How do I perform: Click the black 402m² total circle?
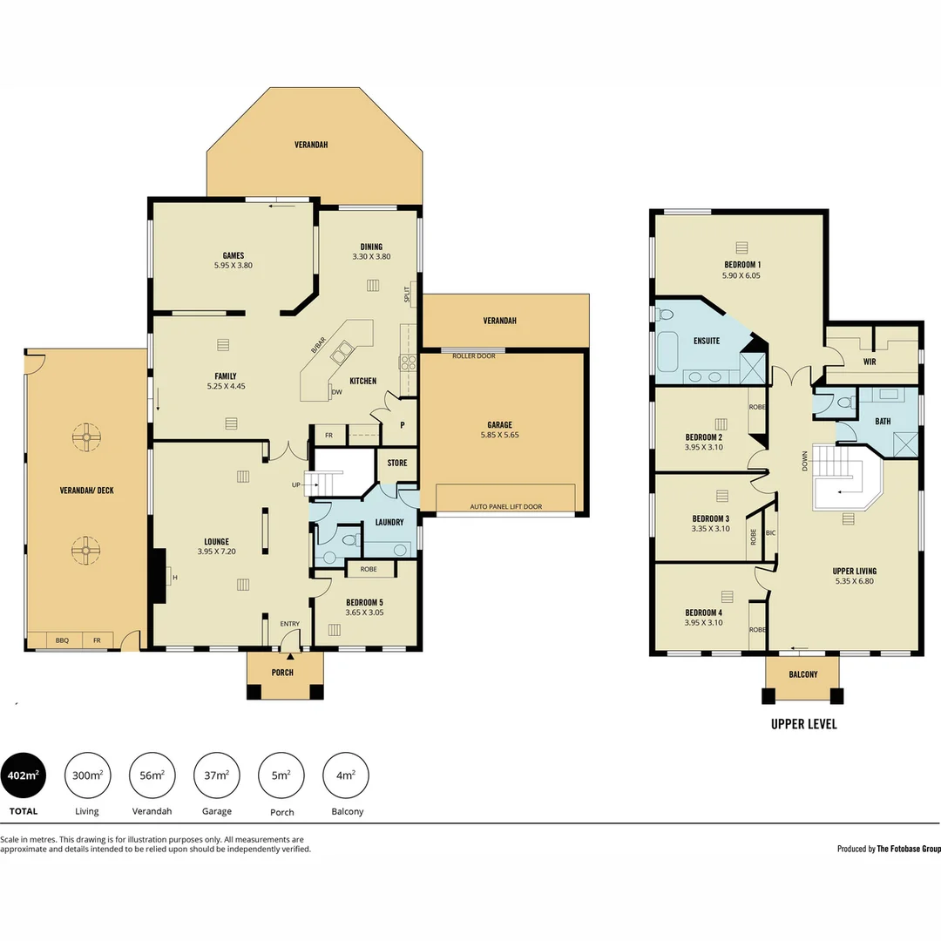click(23, 775)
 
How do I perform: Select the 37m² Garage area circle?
click(217, 775)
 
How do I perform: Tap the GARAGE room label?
click(499, 425)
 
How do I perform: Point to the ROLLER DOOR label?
click(473, 355)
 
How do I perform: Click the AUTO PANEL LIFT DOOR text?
click(505, 506)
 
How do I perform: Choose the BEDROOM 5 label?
click(364, 602)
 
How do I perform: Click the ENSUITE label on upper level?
click(707, 341)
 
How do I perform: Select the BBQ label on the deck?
click(62, 640)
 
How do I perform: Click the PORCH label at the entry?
click(282, 673)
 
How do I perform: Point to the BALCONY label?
click(802, 674)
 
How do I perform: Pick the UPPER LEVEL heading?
click(803, 724)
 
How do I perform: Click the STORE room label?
click(397, 463)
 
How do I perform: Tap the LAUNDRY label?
click(389, 522)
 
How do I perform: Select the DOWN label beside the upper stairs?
click(804, 461)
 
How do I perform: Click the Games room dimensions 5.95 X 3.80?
click(233, 266)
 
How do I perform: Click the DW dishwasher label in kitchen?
click(336, 393)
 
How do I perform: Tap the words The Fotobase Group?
click(909, 849)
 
